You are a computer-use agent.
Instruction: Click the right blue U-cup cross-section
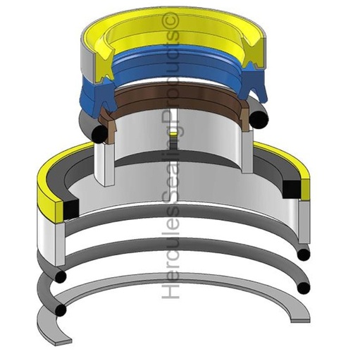252,83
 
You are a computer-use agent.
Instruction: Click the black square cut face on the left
71,208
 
